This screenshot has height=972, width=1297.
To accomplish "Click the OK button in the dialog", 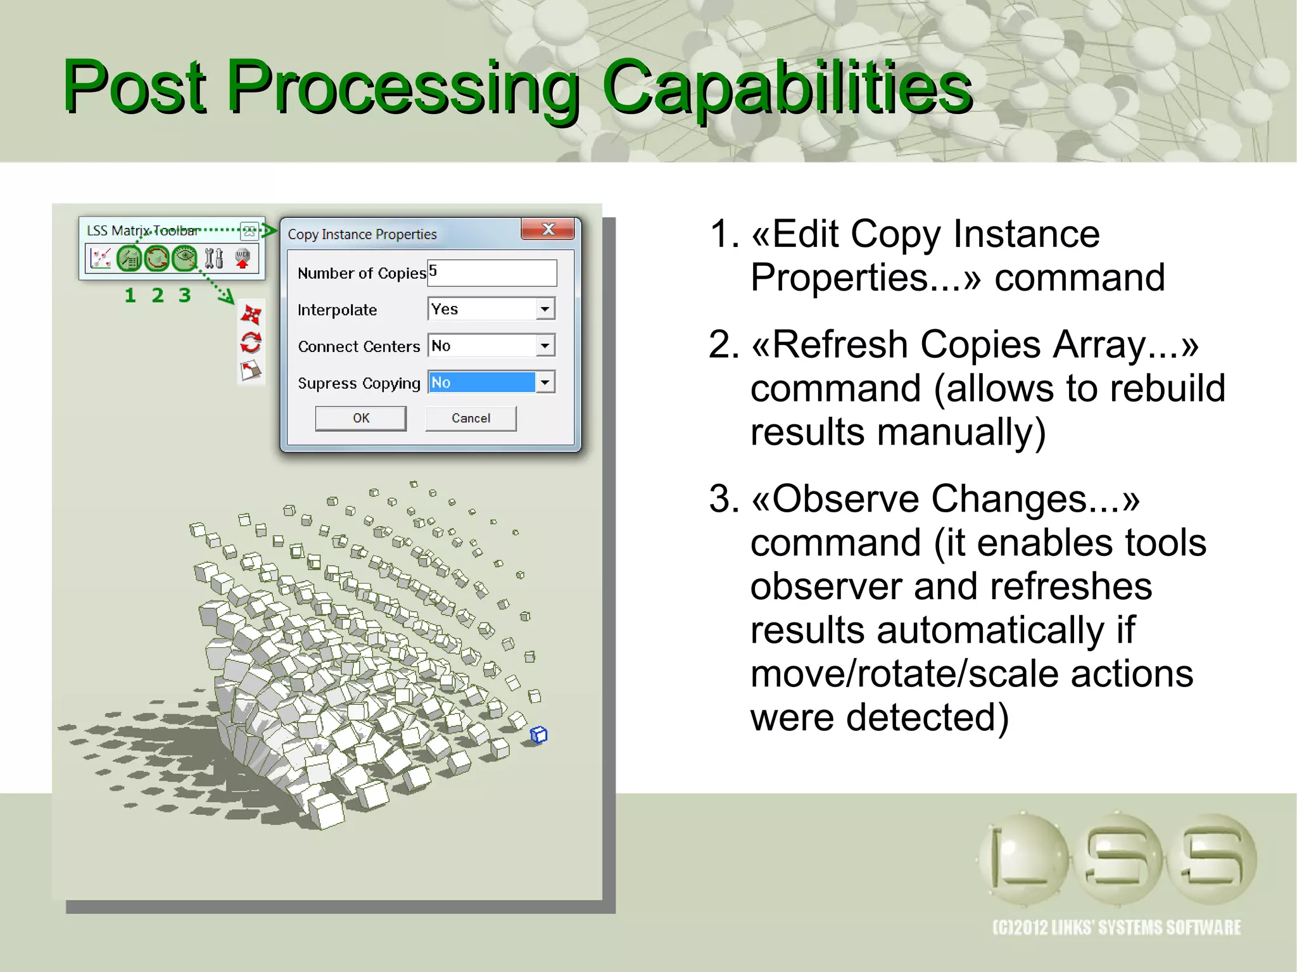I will coord(360,418).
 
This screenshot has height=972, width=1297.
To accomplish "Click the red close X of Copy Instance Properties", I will coord(548,229).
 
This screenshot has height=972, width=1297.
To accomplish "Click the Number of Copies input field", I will coord(492,272).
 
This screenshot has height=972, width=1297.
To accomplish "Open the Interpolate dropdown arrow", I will coord(545,309).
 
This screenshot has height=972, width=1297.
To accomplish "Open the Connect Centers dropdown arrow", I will coord(545,346).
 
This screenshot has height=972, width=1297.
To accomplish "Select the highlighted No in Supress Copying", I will coord(481,382).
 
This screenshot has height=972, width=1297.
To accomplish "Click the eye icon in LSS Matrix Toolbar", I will coord(185,258).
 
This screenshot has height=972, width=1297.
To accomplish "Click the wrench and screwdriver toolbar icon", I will coord(214,258).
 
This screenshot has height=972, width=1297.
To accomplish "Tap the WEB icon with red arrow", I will coord(243,258).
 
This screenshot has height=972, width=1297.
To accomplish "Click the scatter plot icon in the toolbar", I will coord(101,258).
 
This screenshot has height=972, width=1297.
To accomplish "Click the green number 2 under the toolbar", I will coord(158,295).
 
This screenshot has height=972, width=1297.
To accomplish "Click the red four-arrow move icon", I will coord(251,314).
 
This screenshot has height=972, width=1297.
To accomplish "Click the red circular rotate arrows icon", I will coord(251,343).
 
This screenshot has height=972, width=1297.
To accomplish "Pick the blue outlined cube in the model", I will coord(538,735).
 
